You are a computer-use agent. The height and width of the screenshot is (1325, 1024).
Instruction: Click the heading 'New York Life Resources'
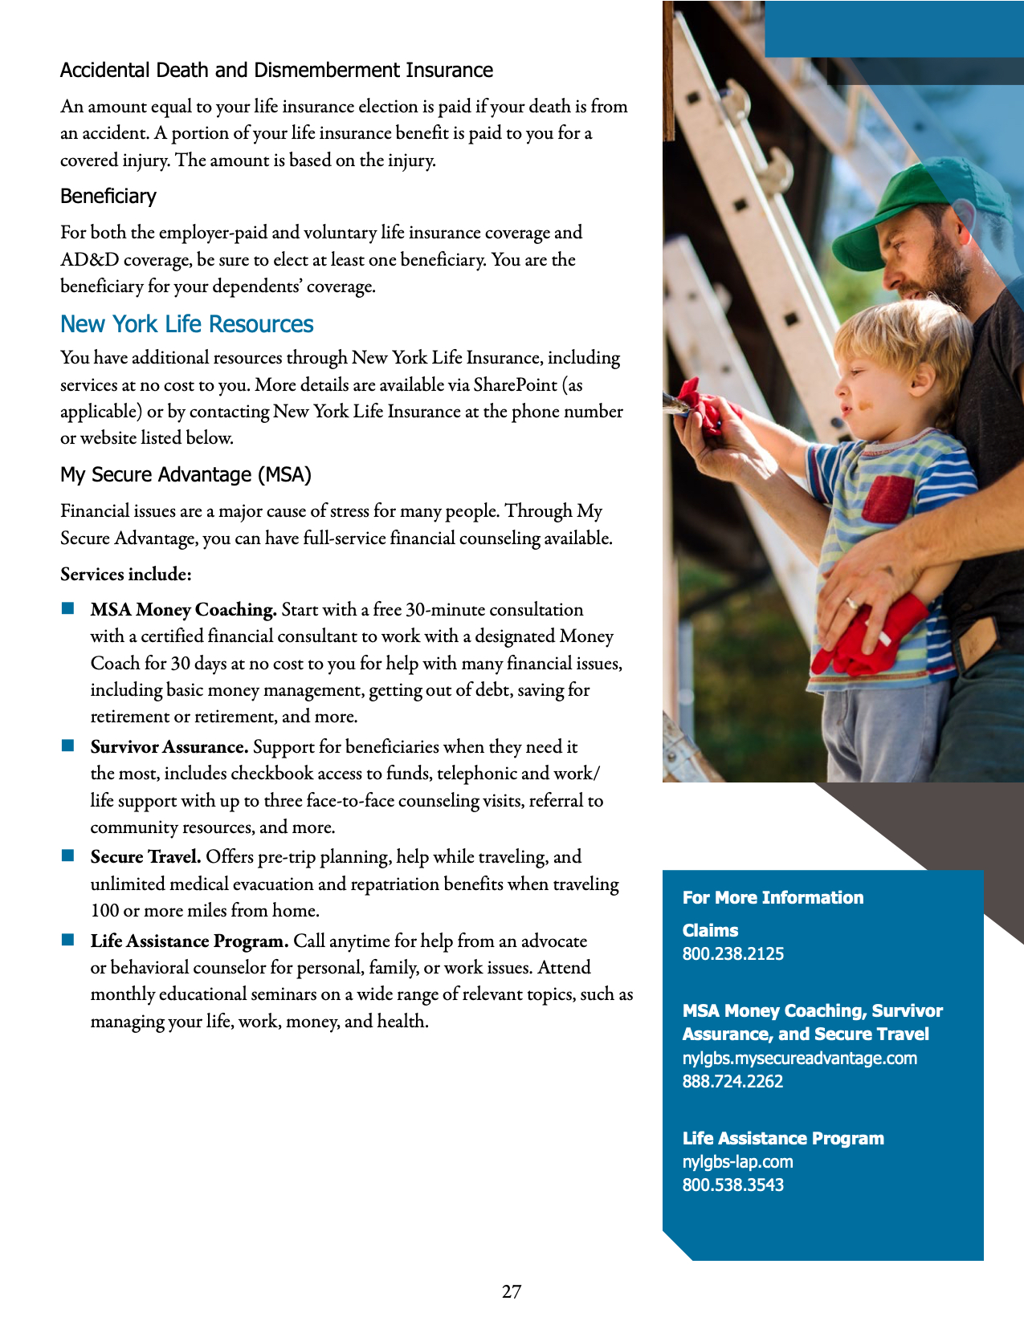tap(186, 324)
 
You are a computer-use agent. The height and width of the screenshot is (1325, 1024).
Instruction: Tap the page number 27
tap(512, 1291)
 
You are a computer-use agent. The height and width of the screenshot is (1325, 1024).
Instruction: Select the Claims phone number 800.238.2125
tap(732, 953)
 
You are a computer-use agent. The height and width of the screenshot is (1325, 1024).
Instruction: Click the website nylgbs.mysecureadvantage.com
tap(799, 1058)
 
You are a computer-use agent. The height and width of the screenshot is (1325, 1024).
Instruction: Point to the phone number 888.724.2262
tap(732, 1081)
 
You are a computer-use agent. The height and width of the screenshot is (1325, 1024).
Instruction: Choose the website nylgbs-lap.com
tap(737, 1161)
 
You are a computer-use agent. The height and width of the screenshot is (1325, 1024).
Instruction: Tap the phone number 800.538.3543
tap(732, 1185)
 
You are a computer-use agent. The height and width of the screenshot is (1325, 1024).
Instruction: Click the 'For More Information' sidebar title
tap(773, 897)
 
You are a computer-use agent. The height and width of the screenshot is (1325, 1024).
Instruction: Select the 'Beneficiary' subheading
tap(108, 197)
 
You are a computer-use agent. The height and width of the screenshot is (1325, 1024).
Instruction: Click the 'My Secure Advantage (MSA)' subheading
tap(186, 474)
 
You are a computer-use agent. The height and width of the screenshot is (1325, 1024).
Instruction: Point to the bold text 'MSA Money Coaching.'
tap(183, 610)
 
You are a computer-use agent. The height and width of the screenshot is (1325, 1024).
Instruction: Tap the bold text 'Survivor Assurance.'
tap(169, 747)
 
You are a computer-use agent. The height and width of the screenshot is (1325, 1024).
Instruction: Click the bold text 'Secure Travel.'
tap(145, 857)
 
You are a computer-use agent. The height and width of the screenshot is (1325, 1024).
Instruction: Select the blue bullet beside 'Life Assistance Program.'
tap(68, 940)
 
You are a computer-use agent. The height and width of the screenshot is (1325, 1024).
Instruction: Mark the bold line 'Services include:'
tap(125, 575)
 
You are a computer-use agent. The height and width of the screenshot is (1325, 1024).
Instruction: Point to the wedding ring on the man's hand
tap(851, 603)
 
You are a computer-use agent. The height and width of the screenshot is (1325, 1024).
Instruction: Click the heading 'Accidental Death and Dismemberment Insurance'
tap(276, 71)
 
